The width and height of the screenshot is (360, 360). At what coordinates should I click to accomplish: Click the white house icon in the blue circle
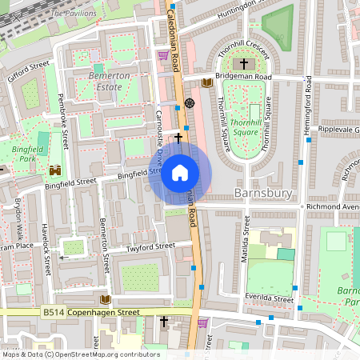[x=180, y=173]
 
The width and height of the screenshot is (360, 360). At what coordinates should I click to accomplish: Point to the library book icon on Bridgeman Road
[x=207, y=82]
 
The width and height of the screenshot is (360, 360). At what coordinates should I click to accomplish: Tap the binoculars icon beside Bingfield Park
[x=56, y=170]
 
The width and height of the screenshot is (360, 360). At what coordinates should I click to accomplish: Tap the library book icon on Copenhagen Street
[x=105, y=299]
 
